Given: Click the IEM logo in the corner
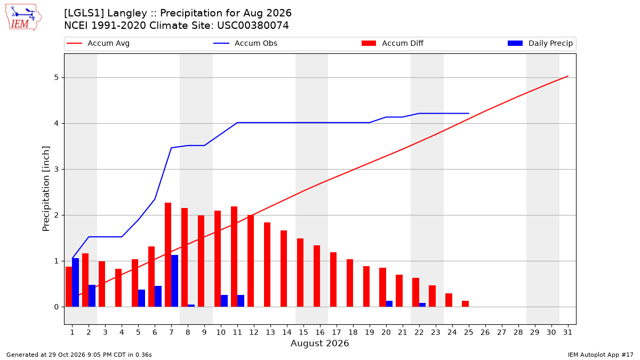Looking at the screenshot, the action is [x=23, y=18].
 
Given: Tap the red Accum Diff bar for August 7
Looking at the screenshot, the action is [x=168, y=255].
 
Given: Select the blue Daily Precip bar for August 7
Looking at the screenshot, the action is [x=174, y=281].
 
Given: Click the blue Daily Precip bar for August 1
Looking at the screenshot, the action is [x=75, y=283].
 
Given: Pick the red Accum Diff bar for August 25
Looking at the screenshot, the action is [x=466, y=303].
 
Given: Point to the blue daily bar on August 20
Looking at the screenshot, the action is [x=389, y=303].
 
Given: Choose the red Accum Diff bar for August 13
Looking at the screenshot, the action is [x=267, y=265].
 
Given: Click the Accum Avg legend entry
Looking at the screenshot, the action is [x=98, y=43].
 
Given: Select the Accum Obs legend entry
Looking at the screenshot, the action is [x=245, y=43].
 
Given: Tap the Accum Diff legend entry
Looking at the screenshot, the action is [x=393, y=43].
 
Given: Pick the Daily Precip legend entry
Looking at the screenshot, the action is [x=540, y=43].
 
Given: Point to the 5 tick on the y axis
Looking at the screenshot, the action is [x=56, y=78].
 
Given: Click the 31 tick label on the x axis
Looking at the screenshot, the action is [x=567, y=332].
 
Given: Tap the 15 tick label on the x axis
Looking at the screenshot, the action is [x=303, y=332].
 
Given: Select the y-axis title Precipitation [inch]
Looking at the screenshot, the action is [x=46, y=189].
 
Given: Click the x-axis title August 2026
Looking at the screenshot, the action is [x=319, y=343].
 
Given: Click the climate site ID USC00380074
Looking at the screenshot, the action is [x=253, y=26].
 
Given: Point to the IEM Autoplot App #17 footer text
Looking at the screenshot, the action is [x=601, y=355].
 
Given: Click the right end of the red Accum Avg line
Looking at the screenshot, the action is [x=567, y=76].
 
